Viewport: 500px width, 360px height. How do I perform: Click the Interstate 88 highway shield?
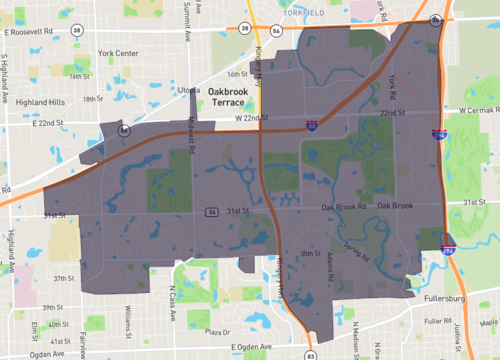coord(312,124)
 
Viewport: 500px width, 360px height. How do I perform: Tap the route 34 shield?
coord(212,212)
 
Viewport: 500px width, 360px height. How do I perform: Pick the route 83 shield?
coord(311,354)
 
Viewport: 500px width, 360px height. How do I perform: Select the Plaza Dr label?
coord(217,331)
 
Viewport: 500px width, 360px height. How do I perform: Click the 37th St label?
coord(64,279)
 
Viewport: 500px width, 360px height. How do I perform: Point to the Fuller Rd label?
coord(437,321)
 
